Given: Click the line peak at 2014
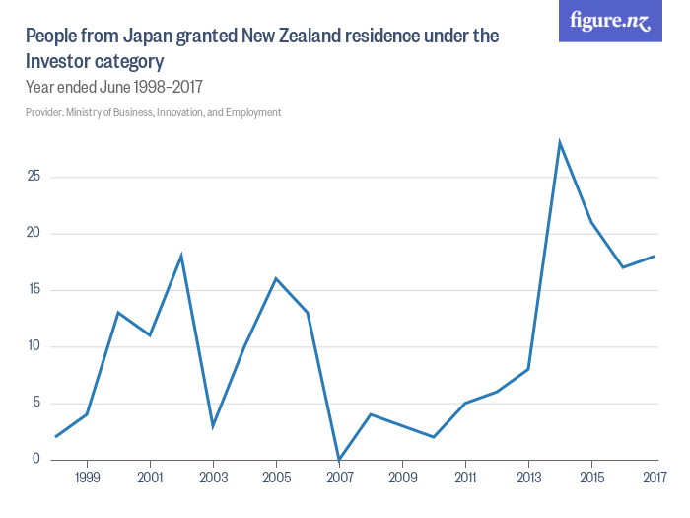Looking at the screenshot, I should coord(560,143).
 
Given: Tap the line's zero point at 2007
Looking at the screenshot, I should coord(339,459).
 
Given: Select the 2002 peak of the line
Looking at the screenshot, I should coord(181,256).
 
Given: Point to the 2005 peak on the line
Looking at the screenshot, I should coord(276,278).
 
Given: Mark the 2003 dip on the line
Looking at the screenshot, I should coord(213,425).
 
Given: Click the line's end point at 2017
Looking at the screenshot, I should coord(655,256).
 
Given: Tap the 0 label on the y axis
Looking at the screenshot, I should coord(35,459).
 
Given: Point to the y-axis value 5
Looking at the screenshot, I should coord(35,403).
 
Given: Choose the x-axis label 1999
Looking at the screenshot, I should coord(87,479).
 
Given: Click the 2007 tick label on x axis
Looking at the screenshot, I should coord(339,479).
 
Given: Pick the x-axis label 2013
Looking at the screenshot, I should coord(528,479).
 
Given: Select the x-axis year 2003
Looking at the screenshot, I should coord(213,479).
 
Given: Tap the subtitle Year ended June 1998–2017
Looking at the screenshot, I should coord(114,87).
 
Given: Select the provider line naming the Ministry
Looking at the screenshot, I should coord(154,112).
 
